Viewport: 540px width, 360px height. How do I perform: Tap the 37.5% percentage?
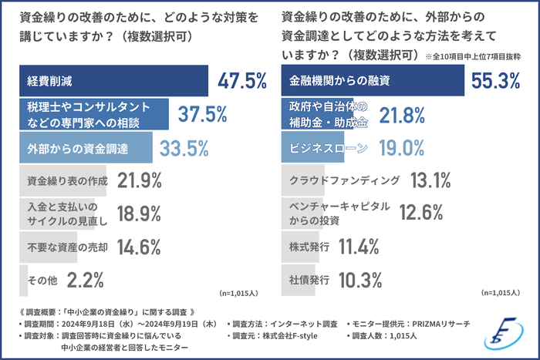[x=202, y=114]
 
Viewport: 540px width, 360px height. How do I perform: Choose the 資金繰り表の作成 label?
[x=66, y=181]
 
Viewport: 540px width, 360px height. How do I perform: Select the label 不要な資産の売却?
[x=66, y=247]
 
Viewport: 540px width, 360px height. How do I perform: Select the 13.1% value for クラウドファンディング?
[x=430, y=181]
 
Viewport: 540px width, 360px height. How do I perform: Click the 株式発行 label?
[x=309, y=247]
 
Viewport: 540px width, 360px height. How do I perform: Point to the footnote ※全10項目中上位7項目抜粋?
[x=473, y=57]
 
